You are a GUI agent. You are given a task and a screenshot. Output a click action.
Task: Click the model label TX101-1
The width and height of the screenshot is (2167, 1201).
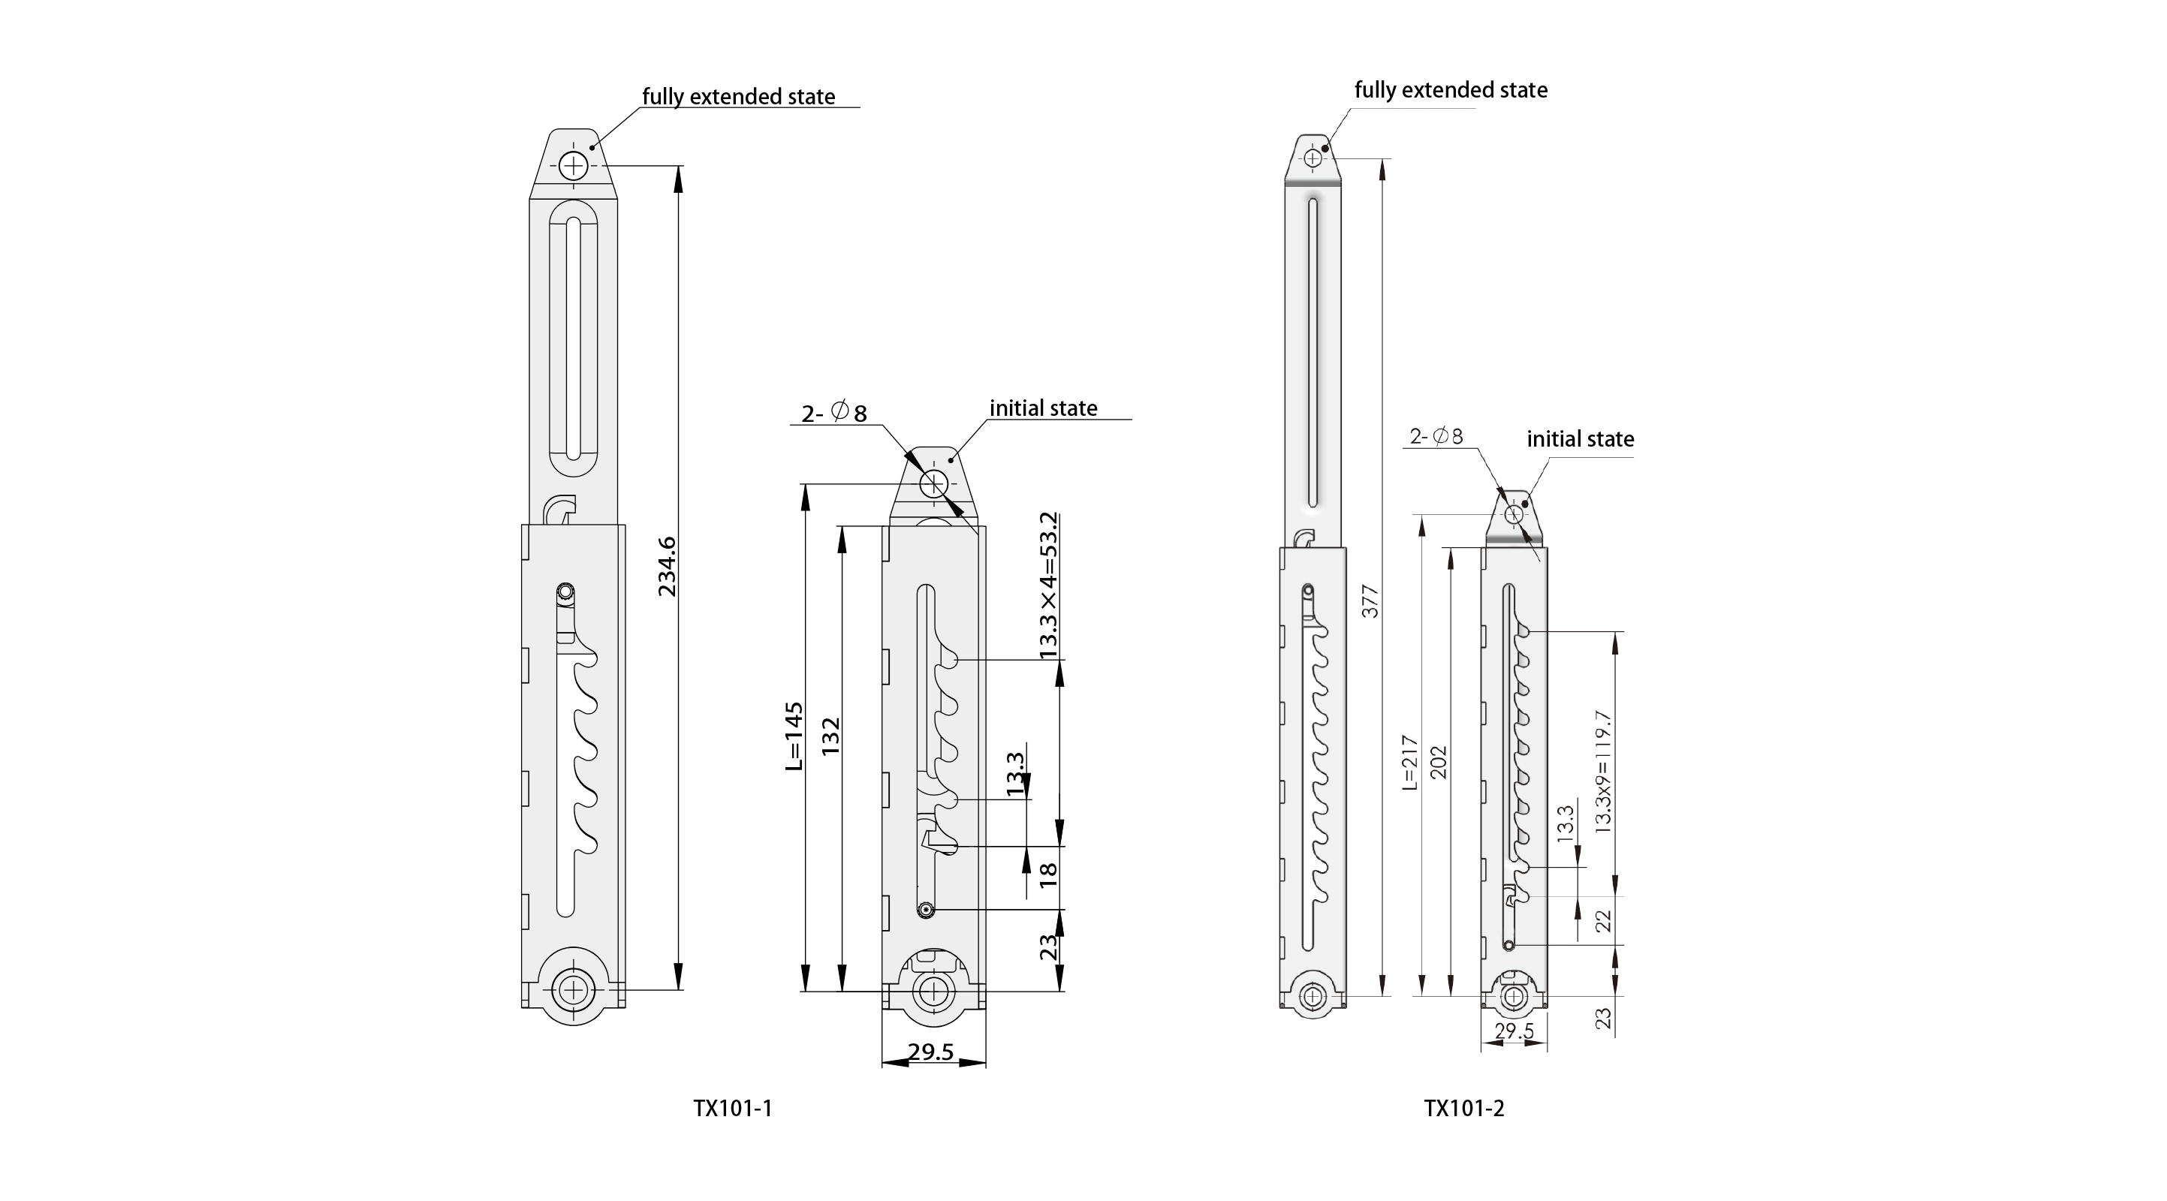click(732, 1109)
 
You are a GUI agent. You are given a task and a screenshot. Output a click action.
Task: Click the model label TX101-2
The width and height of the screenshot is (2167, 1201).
click(1463, 1109)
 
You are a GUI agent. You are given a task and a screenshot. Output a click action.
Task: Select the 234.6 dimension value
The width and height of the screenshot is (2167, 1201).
click(667, 567)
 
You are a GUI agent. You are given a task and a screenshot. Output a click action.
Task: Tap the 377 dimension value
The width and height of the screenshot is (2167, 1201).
click(1370, 601)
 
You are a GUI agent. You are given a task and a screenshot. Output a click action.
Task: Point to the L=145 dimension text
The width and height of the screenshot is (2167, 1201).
click(793, 737)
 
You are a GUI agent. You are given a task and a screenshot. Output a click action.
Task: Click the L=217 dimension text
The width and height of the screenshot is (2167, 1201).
click(1410, 763)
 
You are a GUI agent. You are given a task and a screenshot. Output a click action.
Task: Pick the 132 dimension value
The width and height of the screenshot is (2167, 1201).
click(831, 737)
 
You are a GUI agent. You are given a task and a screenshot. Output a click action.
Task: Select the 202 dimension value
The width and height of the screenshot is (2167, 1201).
click(1439, 763)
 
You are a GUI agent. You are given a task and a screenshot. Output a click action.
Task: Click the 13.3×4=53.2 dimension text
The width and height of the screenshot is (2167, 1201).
click(1047, 585)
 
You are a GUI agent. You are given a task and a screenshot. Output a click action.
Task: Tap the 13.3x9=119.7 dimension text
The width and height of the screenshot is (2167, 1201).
click(1602, 772)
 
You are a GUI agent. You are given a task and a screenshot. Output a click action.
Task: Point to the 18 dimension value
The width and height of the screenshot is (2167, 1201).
click(1047, 875)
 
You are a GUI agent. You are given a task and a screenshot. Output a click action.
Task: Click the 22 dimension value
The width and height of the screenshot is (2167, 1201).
click(1603, 921)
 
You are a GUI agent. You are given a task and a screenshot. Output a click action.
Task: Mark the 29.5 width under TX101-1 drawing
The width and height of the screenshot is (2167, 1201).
click(931, 1052)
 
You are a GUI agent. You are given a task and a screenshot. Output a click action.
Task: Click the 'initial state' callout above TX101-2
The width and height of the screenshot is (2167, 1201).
click(1580, 439)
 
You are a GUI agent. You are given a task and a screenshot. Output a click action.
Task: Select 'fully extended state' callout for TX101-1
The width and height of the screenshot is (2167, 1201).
click(739, 97)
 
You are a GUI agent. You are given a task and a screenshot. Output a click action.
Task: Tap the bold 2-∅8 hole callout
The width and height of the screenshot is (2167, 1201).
click(833, 413)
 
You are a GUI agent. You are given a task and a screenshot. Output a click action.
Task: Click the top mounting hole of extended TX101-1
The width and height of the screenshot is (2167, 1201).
click(574, 166)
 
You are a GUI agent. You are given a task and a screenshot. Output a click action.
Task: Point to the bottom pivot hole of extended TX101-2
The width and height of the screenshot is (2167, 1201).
click(1313, 997)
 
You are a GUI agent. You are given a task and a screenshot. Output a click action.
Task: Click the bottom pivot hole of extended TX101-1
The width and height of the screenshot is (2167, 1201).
click(574, 989)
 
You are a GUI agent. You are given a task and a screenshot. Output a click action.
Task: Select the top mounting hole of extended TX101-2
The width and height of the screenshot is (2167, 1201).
click(1313, 158)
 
